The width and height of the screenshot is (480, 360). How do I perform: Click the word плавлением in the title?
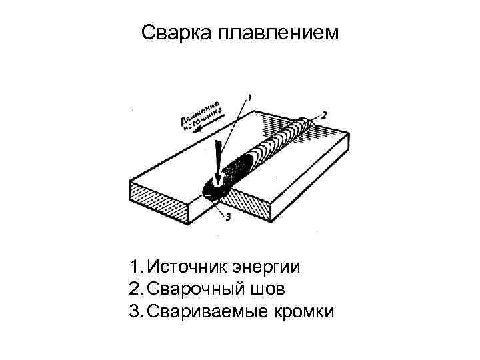pos(279,33)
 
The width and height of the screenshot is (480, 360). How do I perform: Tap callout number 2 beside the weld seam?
pos(325,115)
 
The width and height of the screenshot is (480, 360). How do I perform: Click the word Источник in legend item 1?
pos(188,267)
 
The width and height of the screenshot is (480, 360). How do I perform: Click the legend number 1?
pos(135,267)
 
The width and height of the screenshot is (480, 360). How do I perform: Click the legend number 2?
pos(135,290)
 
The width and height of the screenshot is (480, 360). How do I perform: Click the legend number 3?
pos(135,313)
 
